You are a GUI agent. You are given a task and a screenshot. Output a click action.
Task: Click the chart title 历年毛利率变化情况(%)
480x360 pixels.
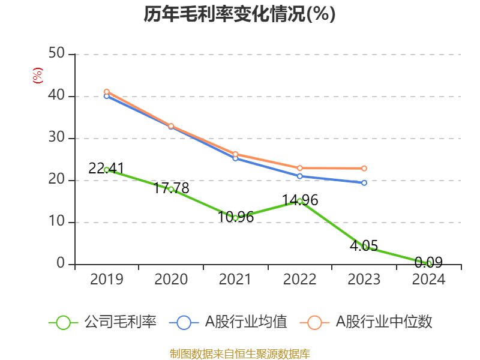pyautogui.click(x=239, y=14)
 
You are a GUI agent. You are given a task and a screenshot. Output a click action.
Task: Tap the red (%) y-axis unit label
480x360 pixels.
pyautogui.click(x=38, y=76)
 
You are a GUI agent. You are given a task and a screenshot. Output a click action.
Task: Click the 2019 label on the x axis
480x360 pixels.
pyautogui.click(x=106, y=280)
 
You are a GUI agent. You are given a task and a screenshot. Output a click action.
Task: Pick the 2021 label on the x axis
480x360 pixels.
pyautogui.click(x=235, y=280)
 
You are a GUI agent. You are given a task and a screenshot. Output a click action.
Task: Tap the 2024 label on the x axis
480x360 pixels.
pyautogui.click(x=428, y=280)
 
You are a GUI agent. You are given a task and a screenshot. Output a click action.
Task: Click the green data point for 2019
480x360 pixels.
pyautogui.click(x=106, y=170)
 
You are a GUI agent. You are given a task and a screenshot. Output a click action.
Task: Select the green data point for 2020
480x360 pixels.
pyautogui.click(x=171, y=189)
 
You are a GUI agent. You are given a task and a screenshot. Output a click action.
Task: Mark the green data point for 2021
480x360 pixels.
pyautogui.click(x=235, y=217)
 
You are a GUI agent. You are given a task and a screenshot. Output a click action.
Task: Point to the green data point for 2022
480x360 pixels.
pyautogui.click(x=300, y=201)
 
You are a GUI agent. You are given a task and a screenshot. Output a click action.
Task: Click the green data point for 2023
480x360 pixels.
pyautogui.click(x=364, y=247)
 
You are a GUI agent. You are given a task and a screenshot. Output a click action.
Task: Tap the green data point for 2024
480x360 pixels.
pyautogui.click(x=428, y=263)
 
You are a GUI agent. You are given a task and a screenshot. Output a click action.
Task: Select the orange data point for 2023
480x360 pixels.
pyautogui.click(x=364, y=168)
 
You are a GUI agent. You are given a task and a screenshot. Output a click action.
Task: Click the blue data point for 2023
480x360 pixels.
pyautogui.click(x=364, y=182)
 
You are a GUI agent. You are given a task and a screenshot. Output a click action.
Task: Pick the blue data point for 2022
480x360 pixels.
pyautogui.click(x=300, y=176)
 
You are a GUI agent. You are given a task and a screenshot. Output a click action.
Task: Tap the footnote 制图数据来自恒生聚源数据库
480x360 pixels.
pyautogui.click(x=239, y=353)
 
